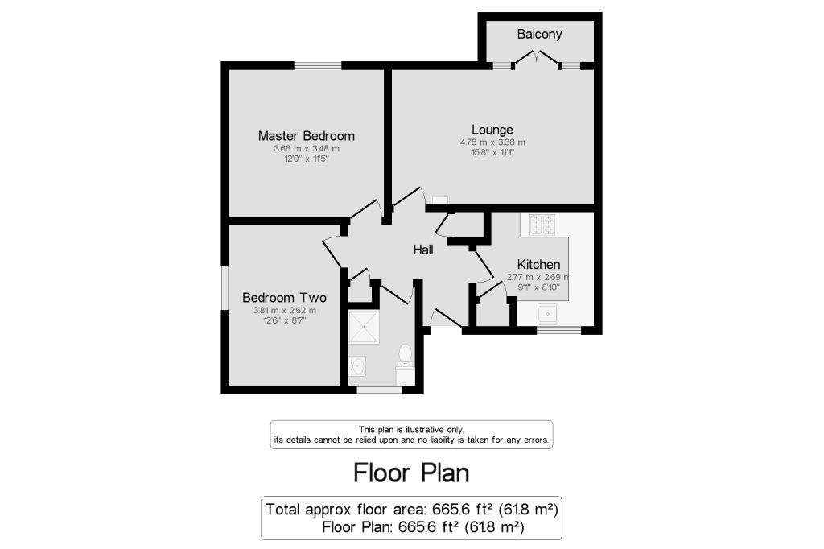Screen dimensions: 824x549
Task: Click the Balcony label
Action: [x=539, y=34]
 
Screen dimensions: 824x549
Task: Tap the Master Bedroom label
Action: [x=307, y=136]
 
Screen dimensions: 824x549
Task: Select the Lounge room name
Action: [x=492, y=130]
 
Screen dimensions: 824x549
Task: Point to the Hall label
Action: [x=423, y=250]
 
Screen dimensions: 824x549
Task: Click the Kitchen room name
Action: [x=538, y=265]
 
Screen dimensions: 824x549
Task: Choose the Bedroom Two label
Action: [x=284, y=298]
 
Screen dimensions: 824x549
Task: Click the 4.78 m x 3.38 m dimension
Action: [x=492, y=142]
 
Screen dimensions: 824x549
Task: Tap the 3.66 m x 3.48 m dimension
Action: [x=307, y=148]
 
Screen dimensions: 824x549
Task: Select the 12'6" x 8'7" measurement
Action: [x=285, y=320]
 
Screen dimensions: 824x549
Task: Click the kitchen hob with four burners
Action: [x=542, y=225]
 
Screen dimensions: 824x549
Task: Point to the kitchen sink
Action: [x=547, y=314]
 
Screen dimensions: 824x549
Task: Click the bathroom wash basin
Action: [x=357, y=365]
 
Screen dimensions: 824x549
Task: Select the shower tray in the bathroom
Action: [x=363, y=327]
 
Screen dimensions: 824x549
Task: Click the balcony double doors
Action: [x=536, y=59]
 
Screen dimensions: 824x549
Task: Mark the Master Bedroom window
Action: [x=317, y=66]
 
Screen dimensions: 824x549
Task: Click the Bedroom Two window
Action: [x=225, y=287]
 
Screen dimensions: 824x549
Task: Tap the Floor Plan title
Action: [x=411, y=473]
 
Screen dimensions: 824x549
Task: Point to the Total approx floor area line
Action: [x=411, y=509]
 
